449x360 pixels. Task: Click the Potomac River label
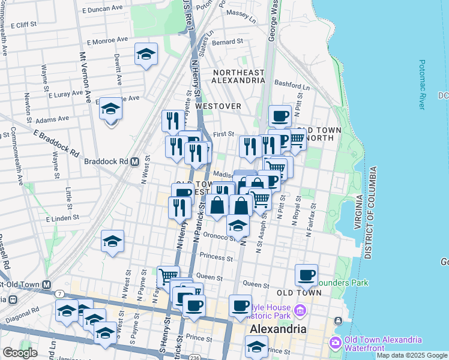[423, 84]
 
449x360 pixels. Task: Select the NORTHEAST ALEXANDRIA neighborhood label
[238, 77]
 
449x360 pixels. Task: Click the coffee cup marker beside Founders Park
[307, 275]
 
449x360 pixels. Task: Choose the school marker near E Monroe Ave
[146, 55]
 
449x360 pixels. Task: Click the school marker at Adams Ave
[111, 109]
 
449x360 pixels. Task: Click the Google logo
[20, 352]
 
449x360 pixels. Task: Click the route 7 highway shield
[61, 293]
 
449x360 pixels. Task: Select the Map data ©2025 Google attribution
[411, 355]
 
